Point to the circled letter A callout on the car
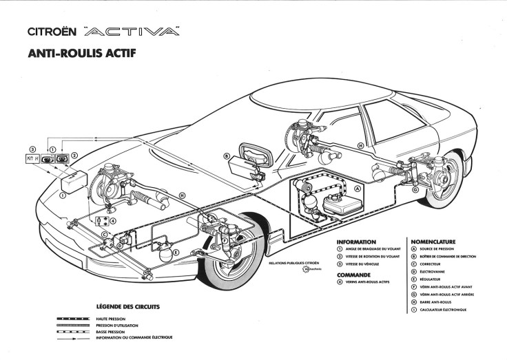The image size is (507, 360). tap(357, 187)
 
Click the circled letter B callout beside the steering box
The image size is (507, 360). tap(226, 156)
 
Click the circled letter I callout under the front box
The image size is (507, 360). tap(63, 195)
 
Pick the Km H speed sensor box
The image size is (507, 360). tap(31, 159)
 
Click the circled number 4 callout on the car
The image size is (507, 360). tap(113, 221)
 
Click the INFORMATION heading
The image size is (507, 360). tap(357, 242)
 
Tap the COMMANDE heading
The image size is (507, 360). tap(354, 274)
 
